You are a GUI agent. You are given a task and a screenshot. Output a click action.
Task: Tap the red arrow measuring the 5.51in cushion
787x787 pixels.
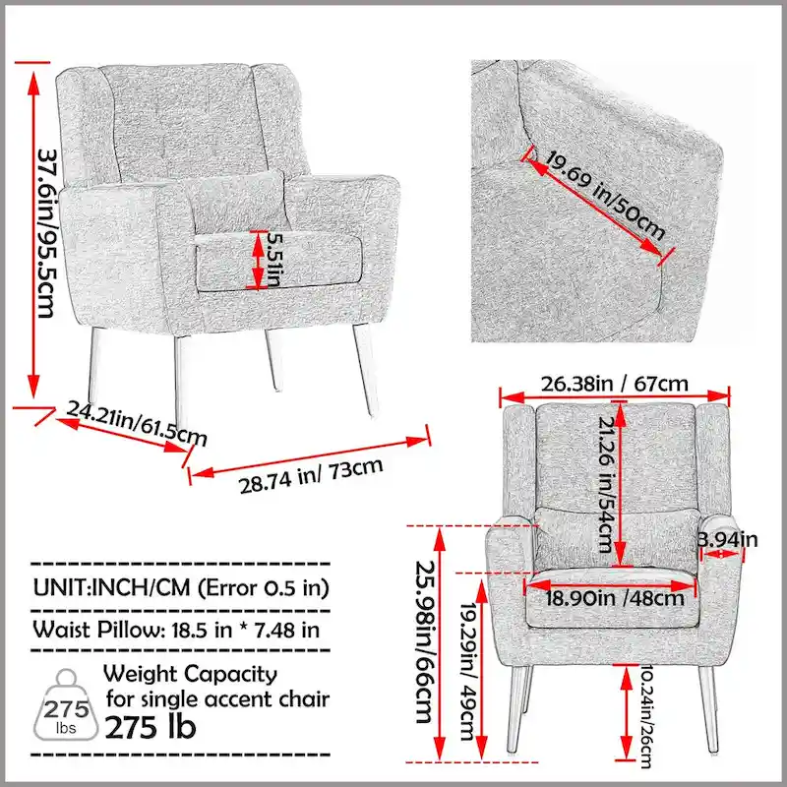[258, 262]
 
